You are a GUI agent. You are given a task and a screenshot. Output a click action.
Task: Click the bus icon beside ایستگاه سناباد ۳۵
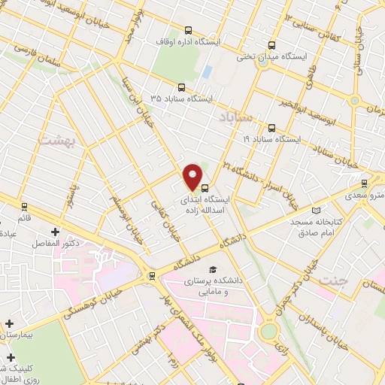181,87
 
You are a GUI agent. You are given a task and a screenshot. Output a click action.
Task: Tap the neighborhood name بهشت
54,140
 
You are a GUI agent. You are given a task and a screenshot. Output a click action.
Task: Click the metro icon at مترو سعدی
365,182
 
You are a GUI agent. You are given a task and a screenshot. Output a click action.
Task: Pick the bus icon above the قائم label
24,206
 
